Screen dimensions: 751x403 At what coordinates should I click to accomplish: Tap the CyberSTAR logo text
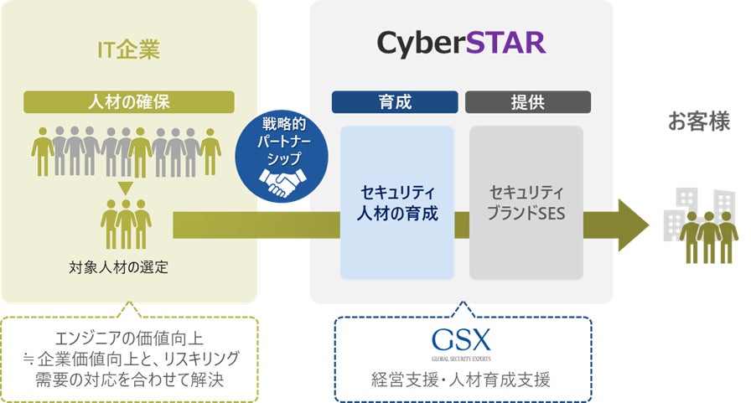[461, 41]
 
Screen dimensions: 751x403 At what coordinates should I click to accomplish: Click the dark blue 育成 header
[395, 102]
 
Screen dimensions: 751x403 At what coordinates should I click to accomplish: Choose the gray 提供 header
[528, 102]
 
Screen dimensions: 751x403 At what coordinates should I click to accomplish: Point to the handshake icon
[277, 182]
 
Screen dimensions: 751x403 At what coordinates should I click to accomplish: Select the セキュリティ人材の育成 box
[397, 202]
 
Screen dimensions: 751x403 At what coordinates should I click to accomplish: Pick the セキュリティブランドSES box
[526, 202]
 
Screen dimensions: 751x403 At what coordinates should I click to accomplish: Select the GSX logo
[462, 339]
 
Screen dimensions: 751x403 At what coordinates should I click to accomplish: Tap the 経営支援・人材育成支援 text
[463, 380]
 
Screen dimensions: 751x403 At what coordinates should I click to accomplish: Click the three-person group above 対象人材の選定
[126, 222]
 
